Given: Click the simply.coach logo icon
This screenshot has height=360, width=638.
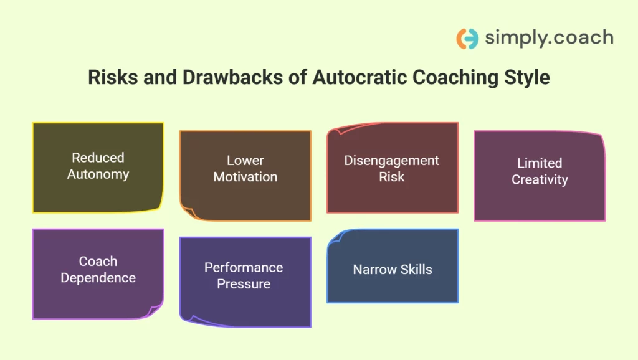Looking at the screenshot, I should pyautogui.click(x=467, y=39).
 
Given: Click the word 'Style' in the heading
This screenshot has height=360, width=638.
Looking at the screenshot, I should pyautogui.click(x=526, y=78).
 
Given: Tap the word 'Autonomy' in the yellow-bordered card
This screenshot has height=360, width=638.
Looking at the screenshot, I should pyautogui.click(x=98, y=174).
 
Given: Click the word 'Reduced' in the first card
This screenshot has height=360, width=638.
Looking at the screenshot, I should pyautogui.click(x=98, y=158).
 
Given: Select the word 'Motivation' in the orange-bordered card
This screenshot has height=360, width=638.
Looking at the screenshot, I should pyautogui.click(x=245, y=177).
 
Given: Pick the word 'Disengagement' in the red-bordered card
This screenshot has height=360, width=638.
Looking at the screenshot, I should pyautogui.click(x=392, y=160).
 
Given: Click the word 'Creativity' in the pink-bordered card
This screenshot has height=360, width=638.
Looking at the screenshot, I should pyautogui.click(x=540, y=179).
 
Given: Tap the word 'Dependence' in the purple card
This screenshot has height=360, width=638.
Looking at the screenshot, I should pyautogui.click(x=98, y=278).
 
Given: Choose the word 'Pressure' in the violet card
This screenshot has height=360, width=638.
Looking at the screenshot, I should pyautogui.click(x=244, y=284).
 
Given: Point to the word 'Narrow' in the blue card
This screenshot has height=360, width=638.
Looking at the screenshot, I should pyautogui.click(x=372, y=270).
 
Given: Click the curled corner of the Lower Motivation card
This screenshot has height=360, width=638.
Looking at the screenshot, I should pyautogui.click(x=187, y=213).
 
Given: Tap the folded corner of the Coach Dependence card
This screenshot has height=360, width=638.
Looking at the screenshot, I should pyautogui.click(x=156, y=311).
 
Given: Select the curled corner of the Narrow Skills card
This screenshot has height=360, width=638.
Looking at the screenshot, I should pyautogui.click(x=335, y=237).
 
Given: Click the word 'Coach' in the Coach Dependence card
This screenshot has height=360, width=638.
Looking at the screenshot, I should pyautogui.click(x=98, y=262).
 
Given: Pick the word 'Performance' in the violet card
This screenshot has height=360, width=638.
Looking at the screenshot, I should pyautogui.click(x=244, y=267).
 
